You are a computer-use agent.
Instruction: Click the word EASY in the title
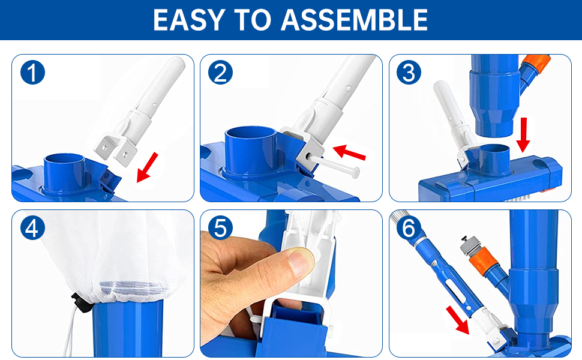pyautogui.click(x=188, y=20)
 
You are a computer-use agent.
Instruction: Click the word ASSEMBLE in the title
pyautogui.click(x=355, y=20)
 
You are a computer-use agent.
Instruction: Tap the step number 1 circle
pyautogui.click(x=32, y=73)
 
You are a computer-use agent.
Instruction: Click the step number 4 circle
pyautogui.click(x=32, y=229)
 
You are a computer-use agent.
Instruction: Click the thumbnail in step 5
pyautogui.click(x=299, y=262)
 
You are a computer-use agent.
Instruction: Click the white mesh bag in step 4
pyautogui.click(x=102, y=252)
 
